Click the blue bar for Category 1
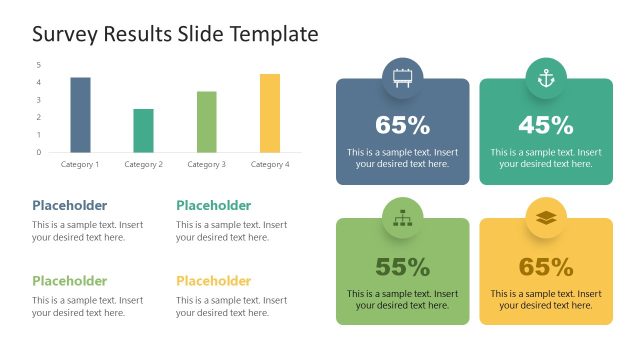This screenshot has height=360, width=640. coord(80,114)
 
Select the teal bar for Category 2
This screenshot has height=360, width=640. coord(144,130)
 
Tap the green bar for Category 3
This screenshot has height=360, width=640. coord(207,121)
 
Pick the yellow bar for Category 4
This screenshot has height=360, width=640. coord(270,112)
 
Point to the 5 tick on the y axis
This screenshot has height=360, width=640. coord(38,65)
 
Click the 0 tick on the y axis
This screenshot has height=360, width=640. coord(38,152)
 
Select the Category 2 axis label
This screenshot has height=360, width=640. coord(144,164)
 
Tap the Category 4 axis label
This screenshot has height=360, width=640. coord(270,164)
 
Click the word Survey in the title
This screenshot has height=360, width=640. coord(64,34)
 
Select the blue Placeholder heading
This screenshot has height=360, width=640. coord(69,205)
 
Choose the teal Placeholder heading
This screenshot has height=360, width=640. coord(213,205)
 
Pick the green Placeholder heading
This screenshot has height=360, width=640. coord(69,281)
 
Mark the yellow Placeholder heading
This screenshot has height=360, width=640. coord(213,281)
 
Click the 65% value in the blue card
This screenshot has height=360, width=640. coord(402,126)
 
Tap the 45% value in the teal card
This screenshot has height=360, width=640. coord(546,126)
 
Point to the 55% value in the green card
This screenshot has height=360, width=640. coord(402,267)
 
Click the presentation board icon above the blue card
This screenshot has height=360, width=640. coord(402,78)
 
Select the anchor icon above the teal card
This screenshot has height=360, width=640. coord(546,78)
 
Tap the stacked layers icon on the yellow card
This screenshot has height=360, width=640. coord(546,217)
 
